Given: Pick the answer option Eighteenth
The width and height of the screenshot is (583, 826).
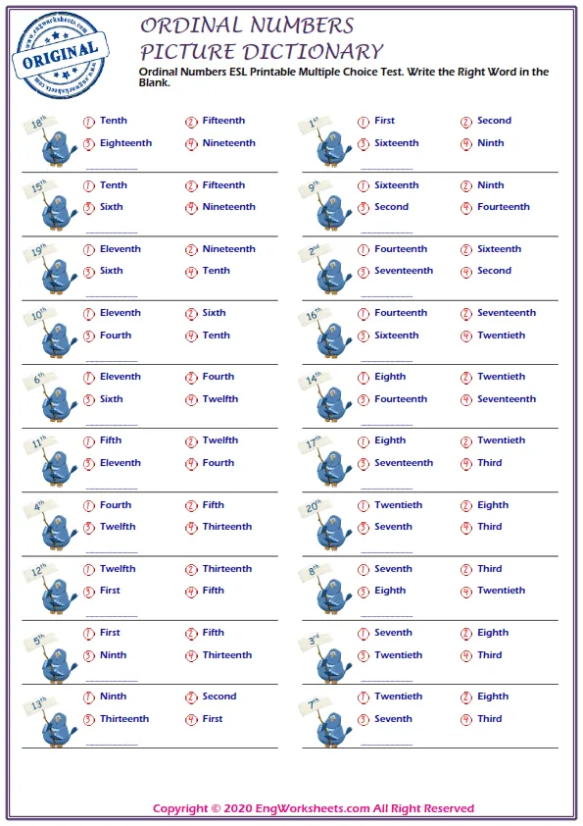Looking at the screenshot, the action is (125, 143).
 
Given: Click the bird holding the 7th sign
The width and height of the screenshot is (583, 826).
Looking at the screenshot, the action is (329, 729).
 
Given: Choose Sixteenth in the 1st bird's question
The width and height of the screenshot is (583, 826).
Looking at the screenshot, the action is (396, 143).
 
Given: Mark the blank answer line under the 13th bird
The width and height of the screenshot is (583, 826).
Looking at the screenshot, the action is (112, 745).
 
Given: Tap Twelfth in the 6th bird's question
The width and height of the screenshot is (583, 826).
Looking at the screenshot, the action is (219, 399).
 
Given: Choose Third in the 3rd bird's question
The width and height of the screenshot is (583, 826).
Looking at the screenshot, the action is (490, 655).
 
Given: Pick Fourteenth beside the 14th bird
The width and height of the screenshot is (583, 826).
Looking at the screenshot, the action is (400, 399).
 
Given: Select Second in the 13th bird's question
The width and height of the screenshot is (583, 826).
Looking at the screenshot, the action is (219, 697).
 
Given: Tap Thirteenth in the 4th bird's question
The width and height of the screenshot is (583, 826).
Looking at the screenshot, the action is (226, 527).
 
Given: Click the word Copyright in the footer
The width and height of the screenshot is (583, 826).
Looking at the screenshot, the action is (180, 808).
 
